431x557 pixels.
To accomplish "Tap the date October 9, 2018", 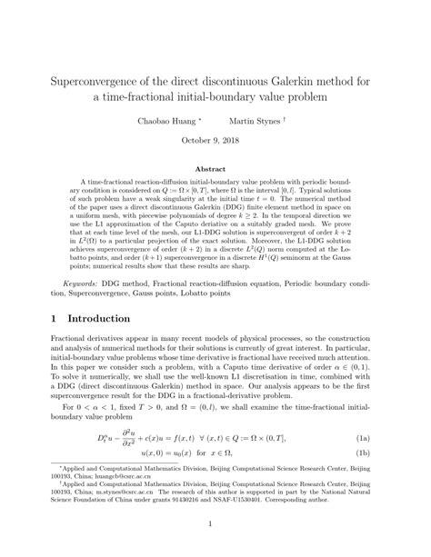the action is tap(215, 140).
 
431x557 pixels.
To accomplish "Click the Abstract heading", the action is tap(215, 168).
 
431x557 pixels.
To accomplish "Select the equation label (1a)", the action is tap(386, 440).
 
